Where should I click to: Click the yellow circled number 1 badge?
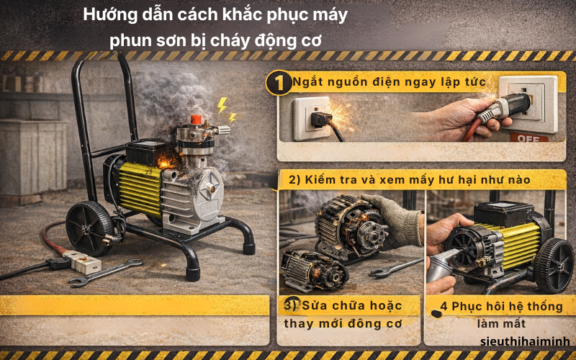278,83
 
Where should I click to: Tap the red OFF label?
523,136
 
